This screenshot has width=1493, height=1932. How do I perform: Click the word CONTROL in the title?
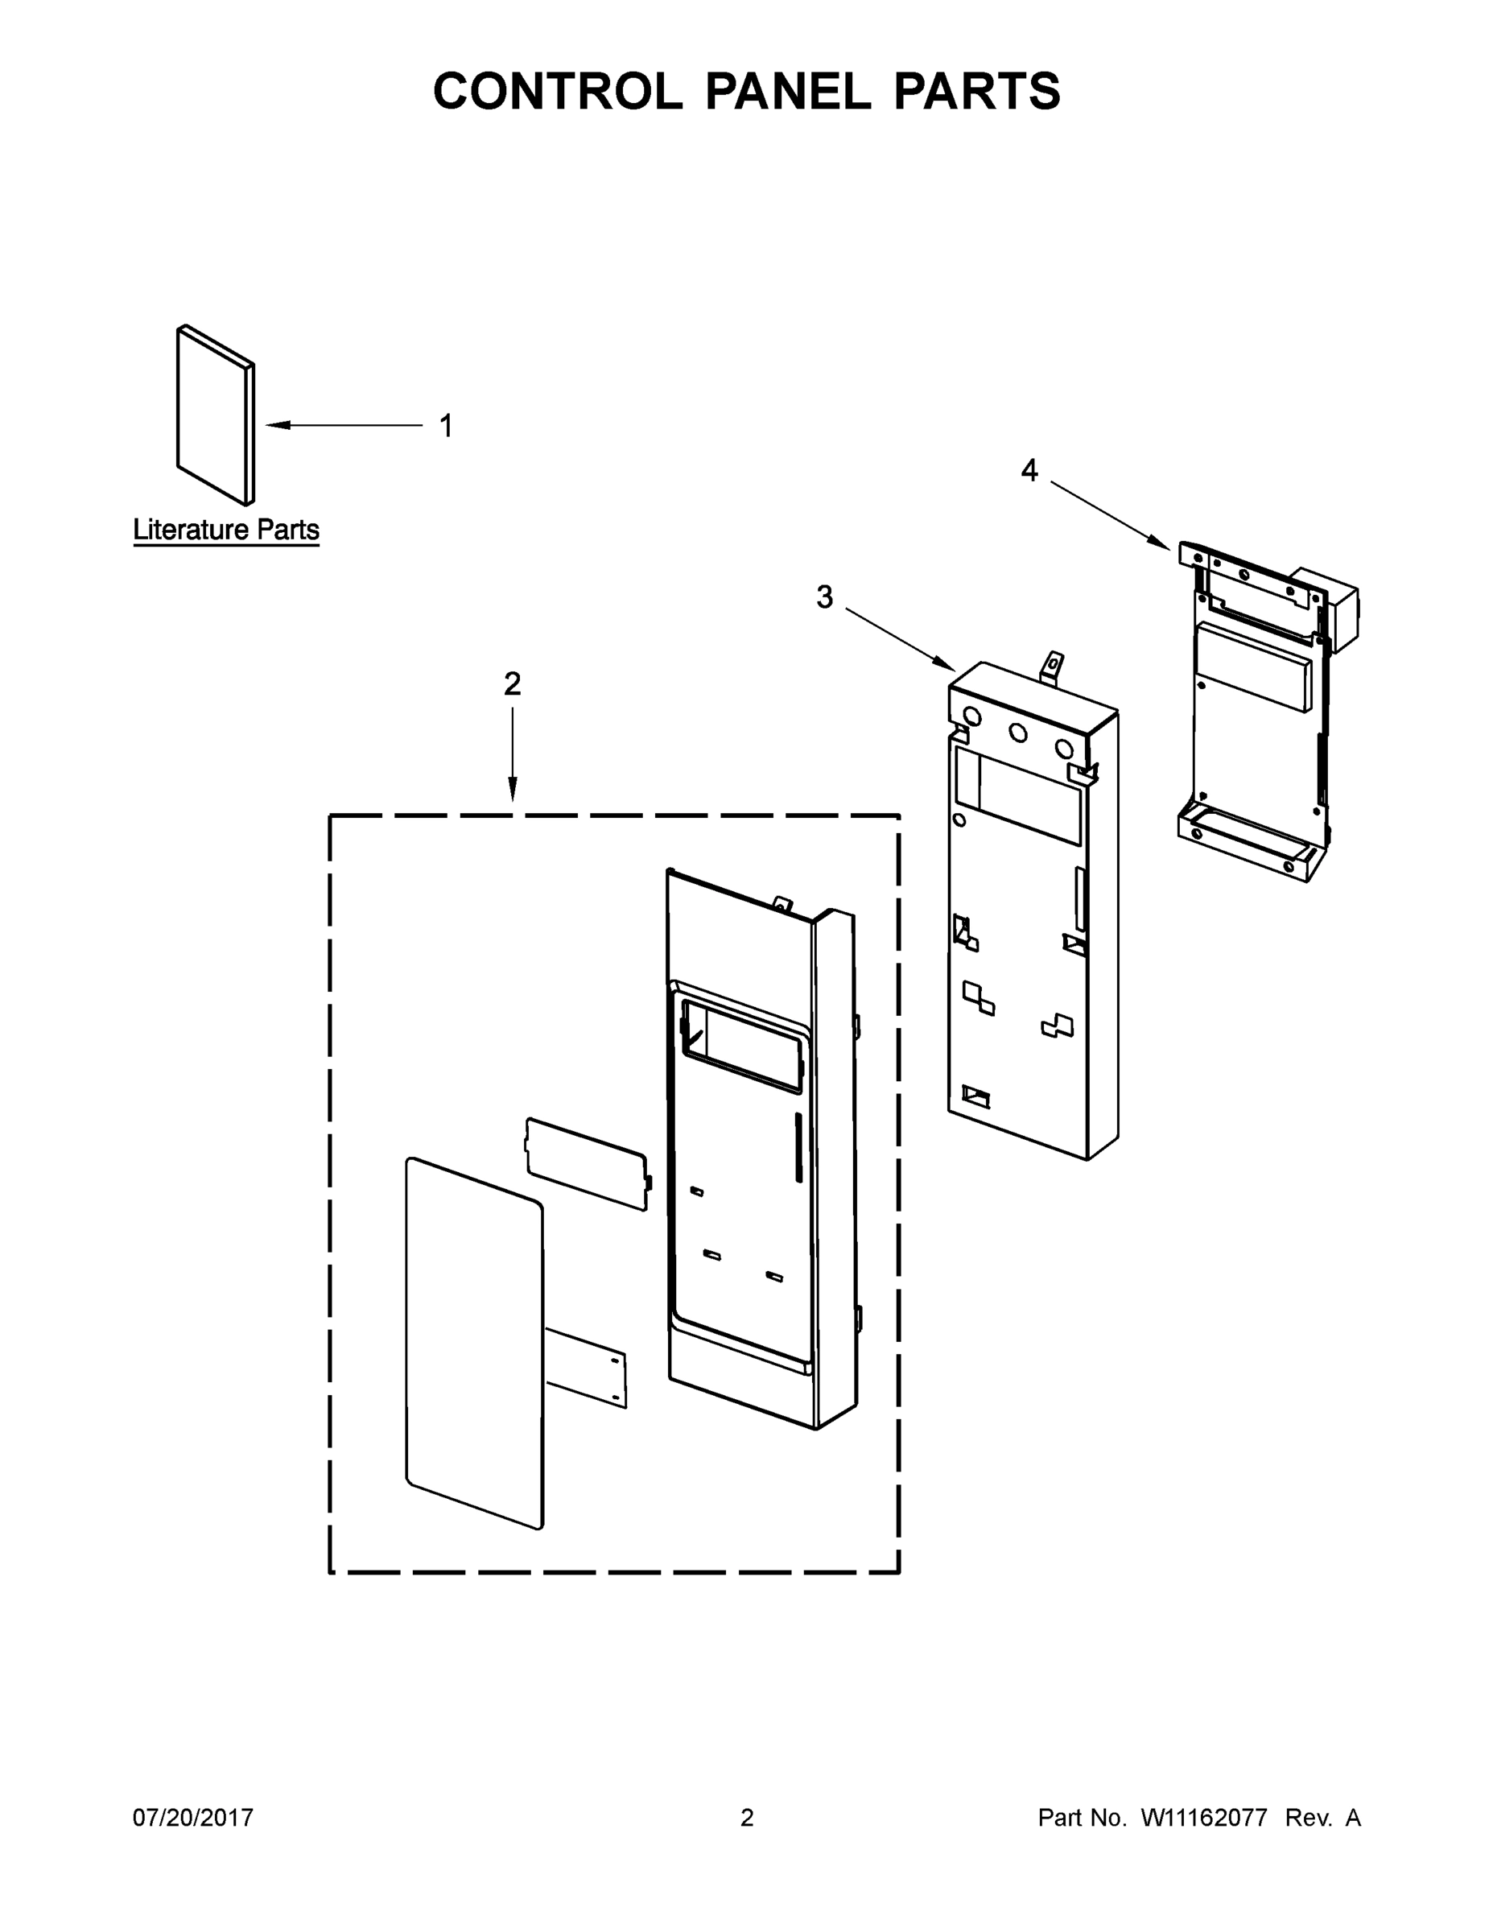[x=557, y=91]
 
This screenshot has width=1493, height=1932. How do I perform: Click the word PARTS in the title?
[x=976, y=91]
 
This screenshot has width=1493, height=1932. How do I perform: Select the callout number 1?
[x=447, y=426]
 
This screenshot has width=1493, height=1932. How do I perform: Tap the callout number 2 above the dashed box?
[x=512, y=683]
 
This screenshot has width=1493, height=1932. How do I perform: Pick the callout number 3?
[x=824, y=598]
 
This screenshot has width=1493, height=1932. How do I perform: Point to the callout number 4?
[x=1029, y=471]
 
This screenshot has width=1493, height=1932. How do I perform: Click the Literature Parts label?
[x=225, y=530]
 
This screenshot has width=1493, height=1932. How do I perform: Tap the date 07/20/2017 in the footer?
[x=193, y=1817]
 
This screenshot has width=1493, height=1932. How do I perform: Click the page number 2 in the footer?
[x=747, y=1817]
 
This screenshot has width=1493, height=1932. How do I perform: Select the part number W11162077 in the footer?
[x=1204, y=1817]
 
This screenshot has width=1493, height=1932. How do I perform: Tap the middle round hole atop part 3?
[x=1018, y=733]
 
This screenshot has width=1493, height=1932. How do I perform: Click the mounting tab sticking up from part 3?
[x=1053, y=665]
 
